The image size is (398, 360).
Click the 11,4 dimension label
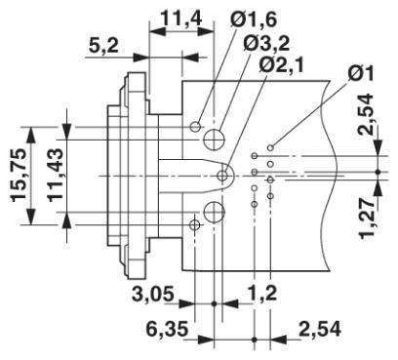(181, 20)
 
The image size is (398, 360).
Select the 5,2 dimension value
(103, 47)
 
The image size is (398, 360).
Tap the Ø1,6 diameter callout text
(254, 20)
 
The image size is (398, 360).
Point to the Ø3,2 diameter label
(266, 43)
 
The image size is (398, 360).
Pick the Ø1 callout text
(361, 73)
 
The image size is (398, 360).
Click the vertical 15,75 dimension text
(19, 176)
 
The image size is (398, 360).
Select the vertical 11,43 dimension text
(55, 176)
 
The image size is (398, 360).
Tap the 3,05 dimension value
(153, 295)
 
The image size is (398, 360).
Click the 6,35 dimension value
(167, 330)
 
